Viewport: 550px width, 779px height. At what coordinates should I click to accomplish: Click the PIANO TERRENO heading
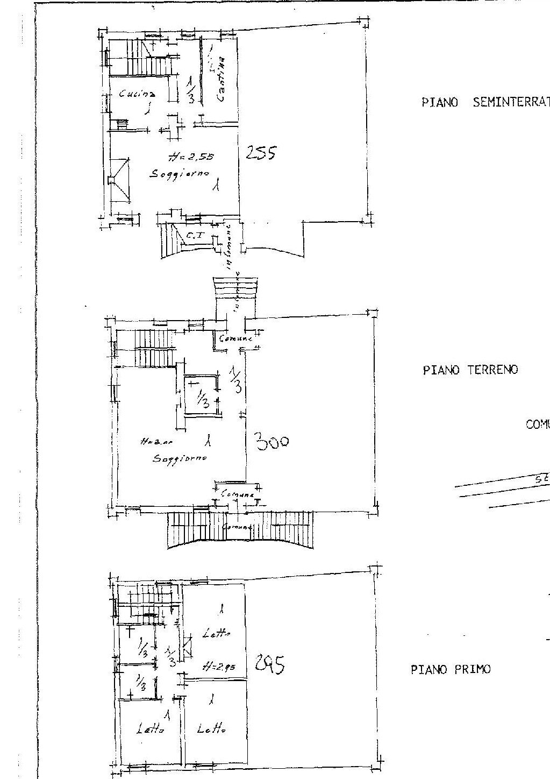(470, 370)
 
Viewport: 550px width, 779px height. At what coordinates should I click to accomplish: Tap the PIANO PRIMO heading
(451, 670)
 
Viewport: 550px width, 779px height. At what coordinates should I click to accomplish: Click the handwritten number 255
(261, 154)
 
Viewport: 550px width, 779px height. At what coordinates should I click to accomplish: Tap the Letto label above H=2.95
(216, 635)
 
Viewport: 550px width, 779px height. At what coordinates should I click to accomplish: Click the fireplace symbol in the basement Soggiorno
(119, 180)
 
